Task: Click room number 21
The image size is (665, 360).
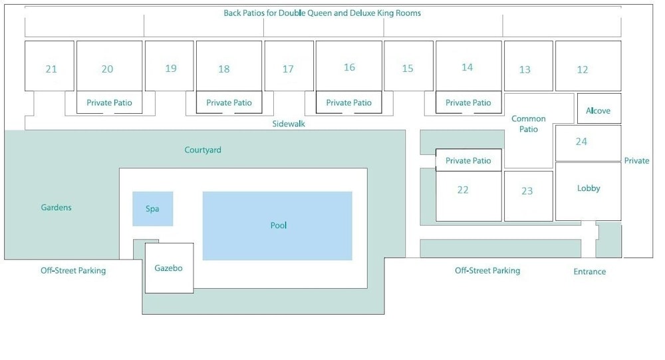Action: [51, 69]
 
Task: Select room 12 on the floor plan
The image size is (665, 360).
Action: [583, 69]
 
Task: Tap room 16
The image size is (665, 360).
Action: [349, 67]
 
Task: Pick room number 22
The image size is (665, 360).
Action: [463, 190]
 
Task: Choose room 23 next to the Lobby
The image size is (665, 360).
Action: [527, 191]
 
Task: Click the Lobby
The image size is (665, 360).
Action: [589, 188]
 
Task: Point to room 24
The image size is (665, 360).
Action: [581, 142]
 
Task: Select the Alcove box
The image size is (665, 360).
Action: [598, 111]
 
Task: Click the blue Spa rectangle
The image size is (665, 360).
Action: [152, 209]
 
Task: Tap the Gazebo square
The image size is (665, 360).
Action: [169, 268]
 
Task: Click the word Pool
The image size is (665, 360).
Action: [278, 226]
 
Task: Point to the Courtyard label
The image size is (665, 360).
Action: [203, 150]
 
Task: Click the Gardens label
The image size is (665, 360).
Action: [56, 208]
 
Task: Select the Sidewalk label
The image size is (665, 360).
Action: [289, 124]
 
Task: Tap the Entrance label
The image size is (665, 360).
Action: [589, 271]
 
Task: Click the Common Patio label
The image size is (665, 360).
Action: [529, 124]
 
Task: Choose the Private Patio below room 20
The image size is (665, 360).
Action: [109, 103]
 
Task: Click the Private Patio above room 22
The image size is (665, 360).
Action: [468, 161]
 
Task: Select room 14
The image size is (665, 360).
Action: [467, 67]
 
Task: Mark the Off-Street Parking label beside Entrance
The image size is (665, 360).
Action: [487, 271]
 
